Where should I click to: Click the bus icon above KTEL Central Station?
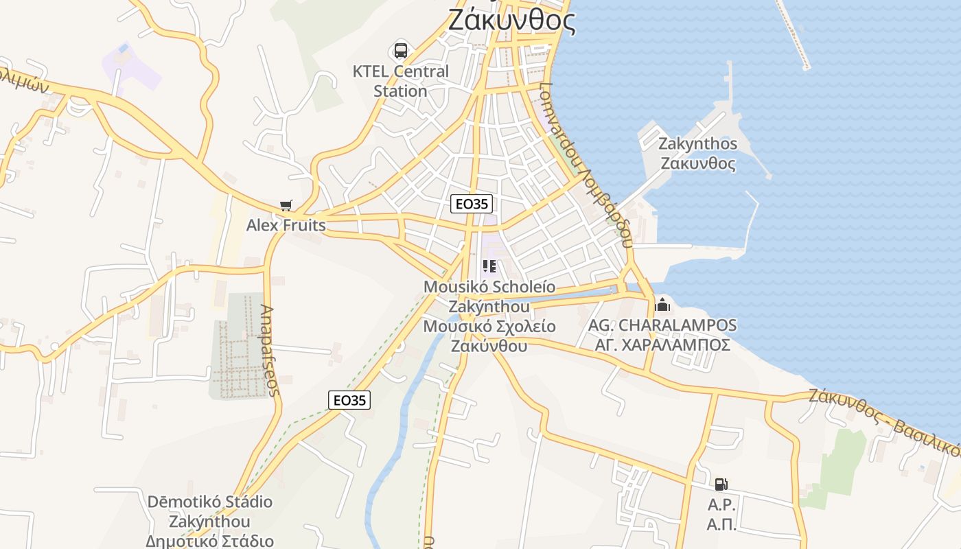[400, 50]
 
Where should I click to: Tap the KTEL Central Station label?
[400, 81]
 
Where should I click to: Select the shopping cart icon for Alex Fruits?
[286, 206]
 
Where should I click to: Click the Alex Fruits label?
[286, 225]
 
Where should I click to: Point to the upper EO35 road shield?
[472, 204]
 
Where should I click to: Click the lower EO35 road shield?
[349, 400]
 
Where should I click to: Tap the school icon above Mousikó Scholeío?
[489, 266]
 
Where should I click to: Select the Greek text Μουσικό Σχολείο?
[489, 327]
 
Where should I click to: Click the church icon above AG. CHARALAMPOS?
[662, 304]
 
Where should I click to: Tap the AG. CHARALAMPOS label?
[662, 325]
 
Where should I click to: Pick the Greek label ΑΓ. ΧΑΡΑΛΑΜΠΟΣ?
[662, 345]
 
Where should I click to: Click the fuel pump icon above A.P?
[721, 484]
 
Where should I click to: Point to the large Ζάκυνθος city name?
[511, 21]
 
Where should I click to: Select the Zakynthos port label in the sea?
[697, 154]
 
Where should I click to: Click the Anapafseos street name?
[270, 350]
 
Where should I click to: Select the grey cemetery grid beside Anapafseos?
[237, 347]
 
